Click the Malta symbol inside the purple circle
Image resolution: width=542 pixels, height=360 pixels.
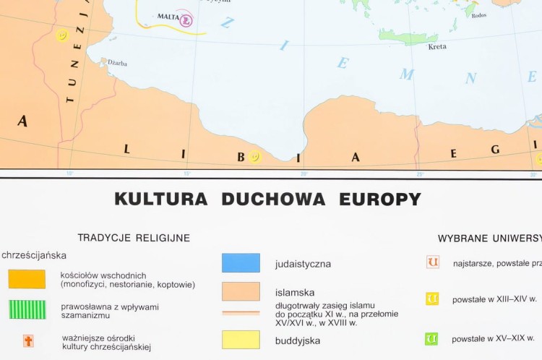click(187, 20)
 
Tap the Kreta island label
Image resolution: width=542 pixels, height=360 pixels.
click(437, 47)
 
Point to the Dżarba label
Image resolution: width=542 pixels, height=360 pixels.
click(117, 64)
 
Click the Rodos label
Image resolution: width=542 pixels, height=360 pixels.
click(478, 15)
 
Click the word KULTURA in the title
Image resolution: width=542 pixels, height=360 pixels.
click(160, 200)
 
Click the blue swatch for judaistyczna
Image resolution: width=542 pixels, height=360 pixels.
click(241, 263)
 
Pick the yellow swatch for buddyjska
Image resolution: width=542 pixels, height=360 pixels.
click(241, 340)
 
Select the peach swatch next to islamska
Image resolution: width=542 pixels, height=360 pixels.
click(241, 291)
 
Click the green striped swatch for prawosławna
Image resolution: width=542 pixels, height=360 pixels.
click(27, 309)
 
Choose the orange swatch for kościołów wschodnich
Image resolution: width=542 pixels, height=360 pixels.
click(27, 279)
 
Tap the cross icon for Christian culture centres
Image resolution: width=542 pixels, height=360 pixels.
click(28, 340)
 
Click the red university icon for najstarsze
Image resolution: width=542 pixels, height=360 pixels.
click(432, 262)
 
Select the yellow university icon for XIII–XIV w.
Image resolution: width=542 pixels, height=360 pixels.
click(432, 298)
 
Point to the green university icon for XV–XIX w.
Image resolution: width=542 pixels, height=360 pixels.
click(431, 338)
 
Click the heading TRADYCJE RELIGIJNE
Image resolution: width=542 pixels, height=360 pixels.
click(134, 237)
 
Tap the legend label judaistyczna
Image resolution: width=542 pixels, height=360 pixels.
click(303, 264)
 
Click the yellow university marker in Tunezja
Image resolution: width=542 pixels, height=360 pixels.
click(62, 35)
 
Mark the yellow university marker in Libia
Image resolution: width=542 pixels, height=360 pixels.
click(254, 157)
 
